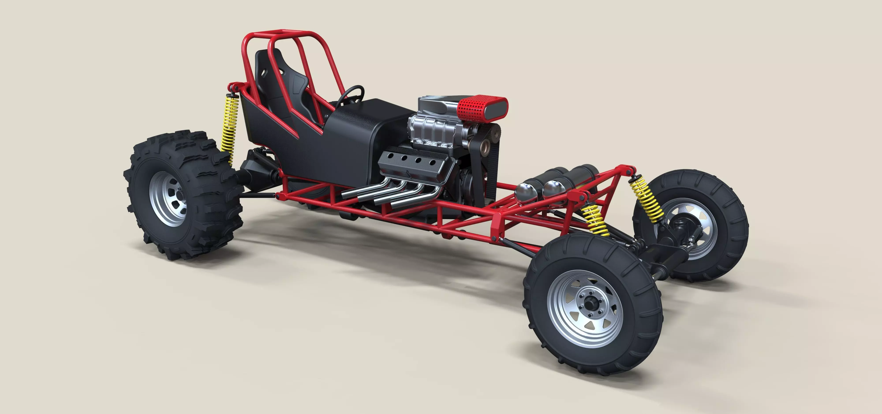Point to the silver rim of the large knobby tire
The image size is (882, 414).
168,199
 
